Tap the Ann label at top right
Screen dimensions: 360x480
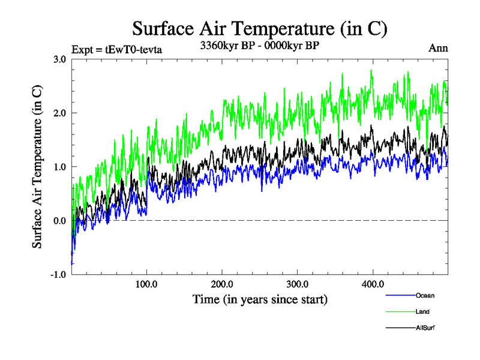click(x=438, y=49)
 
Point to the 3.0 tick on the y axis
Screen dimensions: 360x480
click(x=59, y=59)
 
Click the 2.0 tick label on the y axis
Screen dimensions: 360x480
click(x=59, y=113)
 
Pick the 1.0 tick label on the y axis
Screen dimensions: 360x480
click(x=59, y=167)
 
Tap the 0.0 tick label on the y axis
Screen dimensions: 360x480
click(x=59, y=221)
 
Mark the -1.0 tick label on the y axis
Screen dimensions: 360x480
click(x=58, y=275)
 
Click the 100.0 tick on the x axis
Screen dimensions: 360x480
click(x=147, y=284)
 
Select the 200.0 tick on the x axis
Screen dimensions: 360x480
click(x=223, y=284)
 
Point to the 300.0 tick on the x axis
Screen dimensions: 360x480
click(x=298, y=284)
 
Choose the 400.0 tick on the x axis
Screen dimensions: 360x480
click(x=373, y=284)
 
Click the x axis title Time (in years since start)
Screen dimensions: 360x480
click(x=260, y=299)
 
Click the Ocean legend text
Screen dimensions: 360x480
click(x=425, y=295)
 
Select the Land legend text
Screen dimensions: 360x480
click(x=422, y=311)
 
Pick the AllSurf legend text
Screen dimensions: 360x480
click(x=425, y=328)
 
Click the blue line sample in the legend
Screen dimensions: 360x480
click(x=400, y=296)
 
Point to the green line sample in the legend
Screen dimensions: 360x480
click(x=400, y=312)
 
